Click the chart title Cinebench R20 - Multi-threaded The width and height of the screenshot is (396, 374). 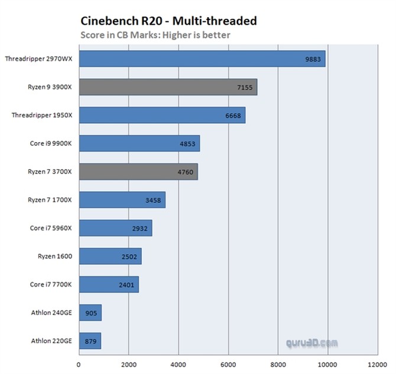pos(168,21)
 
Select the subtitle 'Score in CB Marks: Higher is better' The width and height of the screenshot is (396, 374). pos(155,35)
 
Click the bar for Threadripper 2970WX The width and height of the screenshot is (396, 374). pos(202,58)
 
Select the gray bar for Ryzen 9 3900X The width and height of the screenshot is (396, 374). pos(168,87)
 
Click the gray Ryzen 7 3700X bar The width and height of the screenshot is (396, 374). pos(138,172)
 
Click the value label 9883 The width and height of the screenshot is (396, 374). pos(313,59)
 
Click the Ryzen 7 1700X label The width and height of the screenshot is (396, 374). pos(50,199)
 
